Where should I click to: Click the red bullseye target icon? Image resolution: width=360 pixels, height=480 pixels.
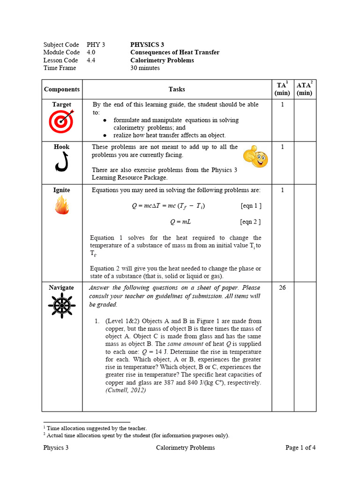tap(61, 122)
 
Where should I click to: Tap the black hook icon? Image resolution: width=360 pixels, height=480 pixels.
tap(62, 162)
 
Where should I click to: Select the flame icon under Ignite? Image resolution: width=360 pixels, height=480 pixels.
tap(61, 205)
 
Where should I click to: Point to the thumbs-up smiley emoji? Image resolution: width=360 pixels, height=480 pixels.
tap(255, 157)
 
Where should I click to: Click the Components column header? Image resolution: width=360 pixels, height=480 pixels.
tap(62, 89)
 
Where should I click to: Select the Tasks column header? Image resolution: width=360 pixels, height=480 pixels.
tap(177, 89)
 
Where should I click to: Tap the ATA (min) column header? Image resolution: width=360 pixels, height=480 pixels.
tap(305, 89)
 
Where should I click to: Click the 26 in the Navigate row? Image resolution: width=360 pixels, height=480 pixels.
tap(282, 288)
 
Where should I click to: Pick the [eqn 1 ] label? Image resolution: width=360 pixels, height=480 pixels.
tap(251, 206)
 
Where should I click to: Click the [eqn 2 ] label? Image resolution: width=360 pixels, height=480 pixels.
tap(250, 222)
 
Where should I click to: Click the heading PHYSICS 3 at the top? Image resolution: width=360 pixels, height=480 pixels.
tap(147, 45)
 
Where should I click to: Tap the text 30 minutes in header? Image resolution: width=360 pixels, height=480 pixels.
tap(145, 68)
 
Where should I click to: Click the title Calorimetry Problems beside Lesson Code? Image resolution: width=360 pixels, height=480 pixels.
tap(162, 60)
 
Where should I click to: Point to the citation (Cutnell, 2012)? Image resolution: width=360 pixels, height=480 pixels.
tap(126, 390)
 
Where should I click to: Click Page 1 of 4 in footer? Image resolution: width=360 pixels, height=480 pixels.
tap(300, 448)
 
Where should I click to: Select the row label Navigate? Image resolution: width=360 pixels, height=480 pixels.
tap(61, 288)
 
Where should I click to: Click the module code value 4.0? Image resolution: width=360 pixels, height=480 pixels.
tap(91, 52)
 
